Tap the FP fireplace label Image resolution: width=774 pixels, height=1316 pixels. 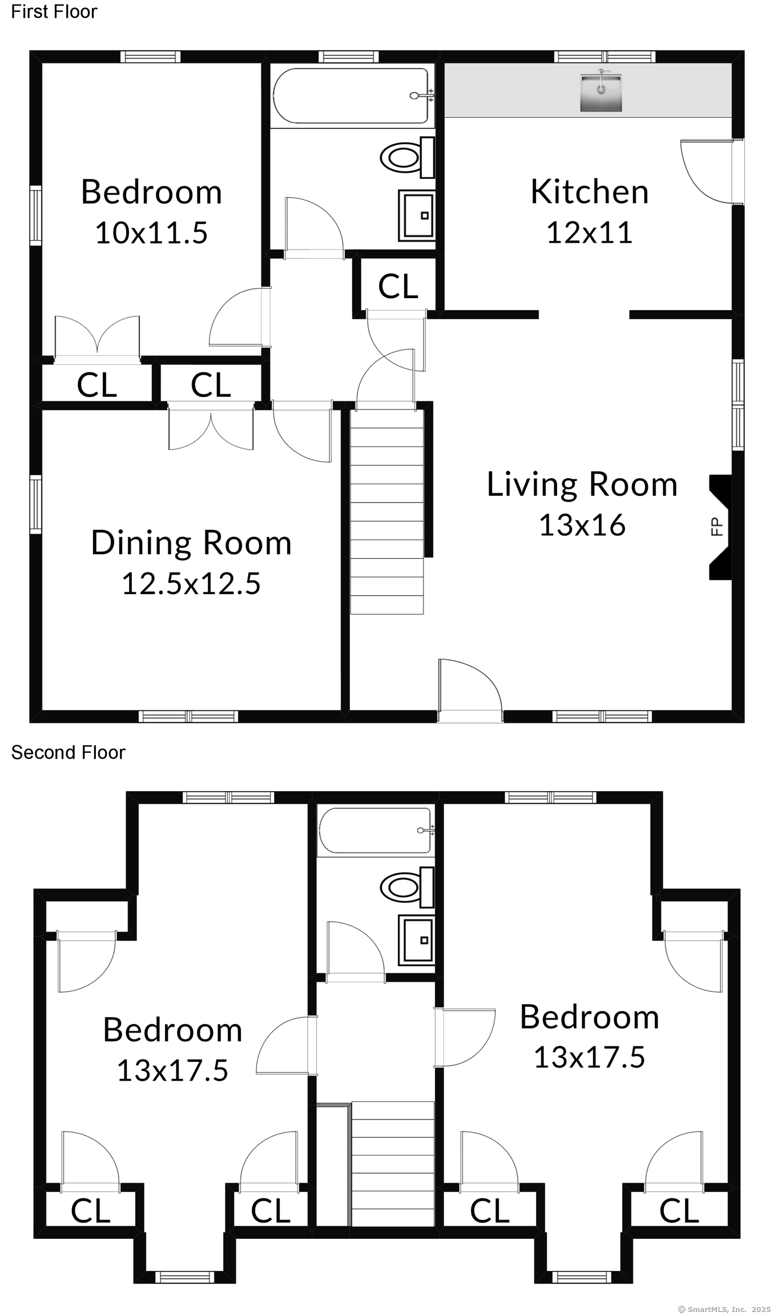click(717, 526)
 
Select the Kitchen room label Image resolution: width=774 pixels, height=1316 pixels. click(590, 191)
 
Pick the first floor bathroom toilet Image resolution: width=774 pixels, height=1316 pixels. click(407, 157)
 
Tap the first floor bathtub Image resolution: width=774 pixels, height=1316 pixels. click(352, 95)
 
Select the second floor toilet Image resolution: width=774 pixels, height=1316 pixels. click(407, 886)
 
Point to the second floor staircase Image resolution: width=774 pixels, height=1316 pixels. click(393, 1163)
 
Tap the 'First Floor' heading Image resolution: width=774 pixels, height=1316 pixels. click(54, 11)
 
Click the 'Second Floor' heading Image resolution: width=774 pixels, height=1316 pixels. click(68, 752)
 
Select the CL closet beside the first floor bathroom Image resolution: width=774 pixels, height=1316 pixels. click(398, 286)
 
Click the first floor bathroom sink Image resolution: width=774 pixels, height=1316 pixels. click(416, 215)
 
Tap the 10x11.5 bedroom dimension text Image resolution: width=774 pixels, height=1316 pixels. click(151, 232)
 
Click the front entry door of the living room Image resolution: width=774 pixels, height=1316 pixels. click(470, 690)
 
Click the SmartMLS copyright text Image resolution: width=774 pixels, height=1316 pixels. click(724, 1309)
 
